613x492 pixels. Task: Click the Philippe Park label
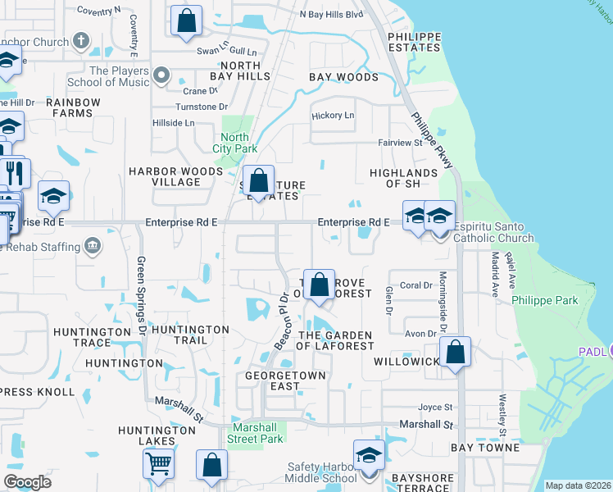pos(545,301)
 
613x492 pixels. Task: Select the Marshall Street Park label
pos(257,433)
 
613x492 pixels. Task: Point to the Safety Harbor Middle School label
pos(321,472)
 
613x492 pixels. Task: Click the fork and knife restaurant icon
pos(15,173)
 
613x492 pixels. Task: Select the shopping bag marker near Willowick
pos(455,353)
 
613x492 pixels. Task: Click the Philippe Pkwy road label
pos(433,141)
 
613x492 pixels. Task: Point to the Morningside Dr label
pos(443,302)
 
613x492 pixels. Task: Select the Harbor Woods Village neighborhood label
pos(175,176)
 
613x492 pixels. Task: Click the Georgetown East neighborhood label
pos(286,380)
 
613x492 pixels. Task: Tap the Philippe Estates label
pos(414,42)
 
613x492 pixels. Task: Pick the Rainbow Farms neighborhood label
pos(73,107)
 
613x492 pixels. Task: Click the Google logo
pos(27,482)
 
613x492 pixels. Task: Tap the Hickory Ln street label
pos(333,116)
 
